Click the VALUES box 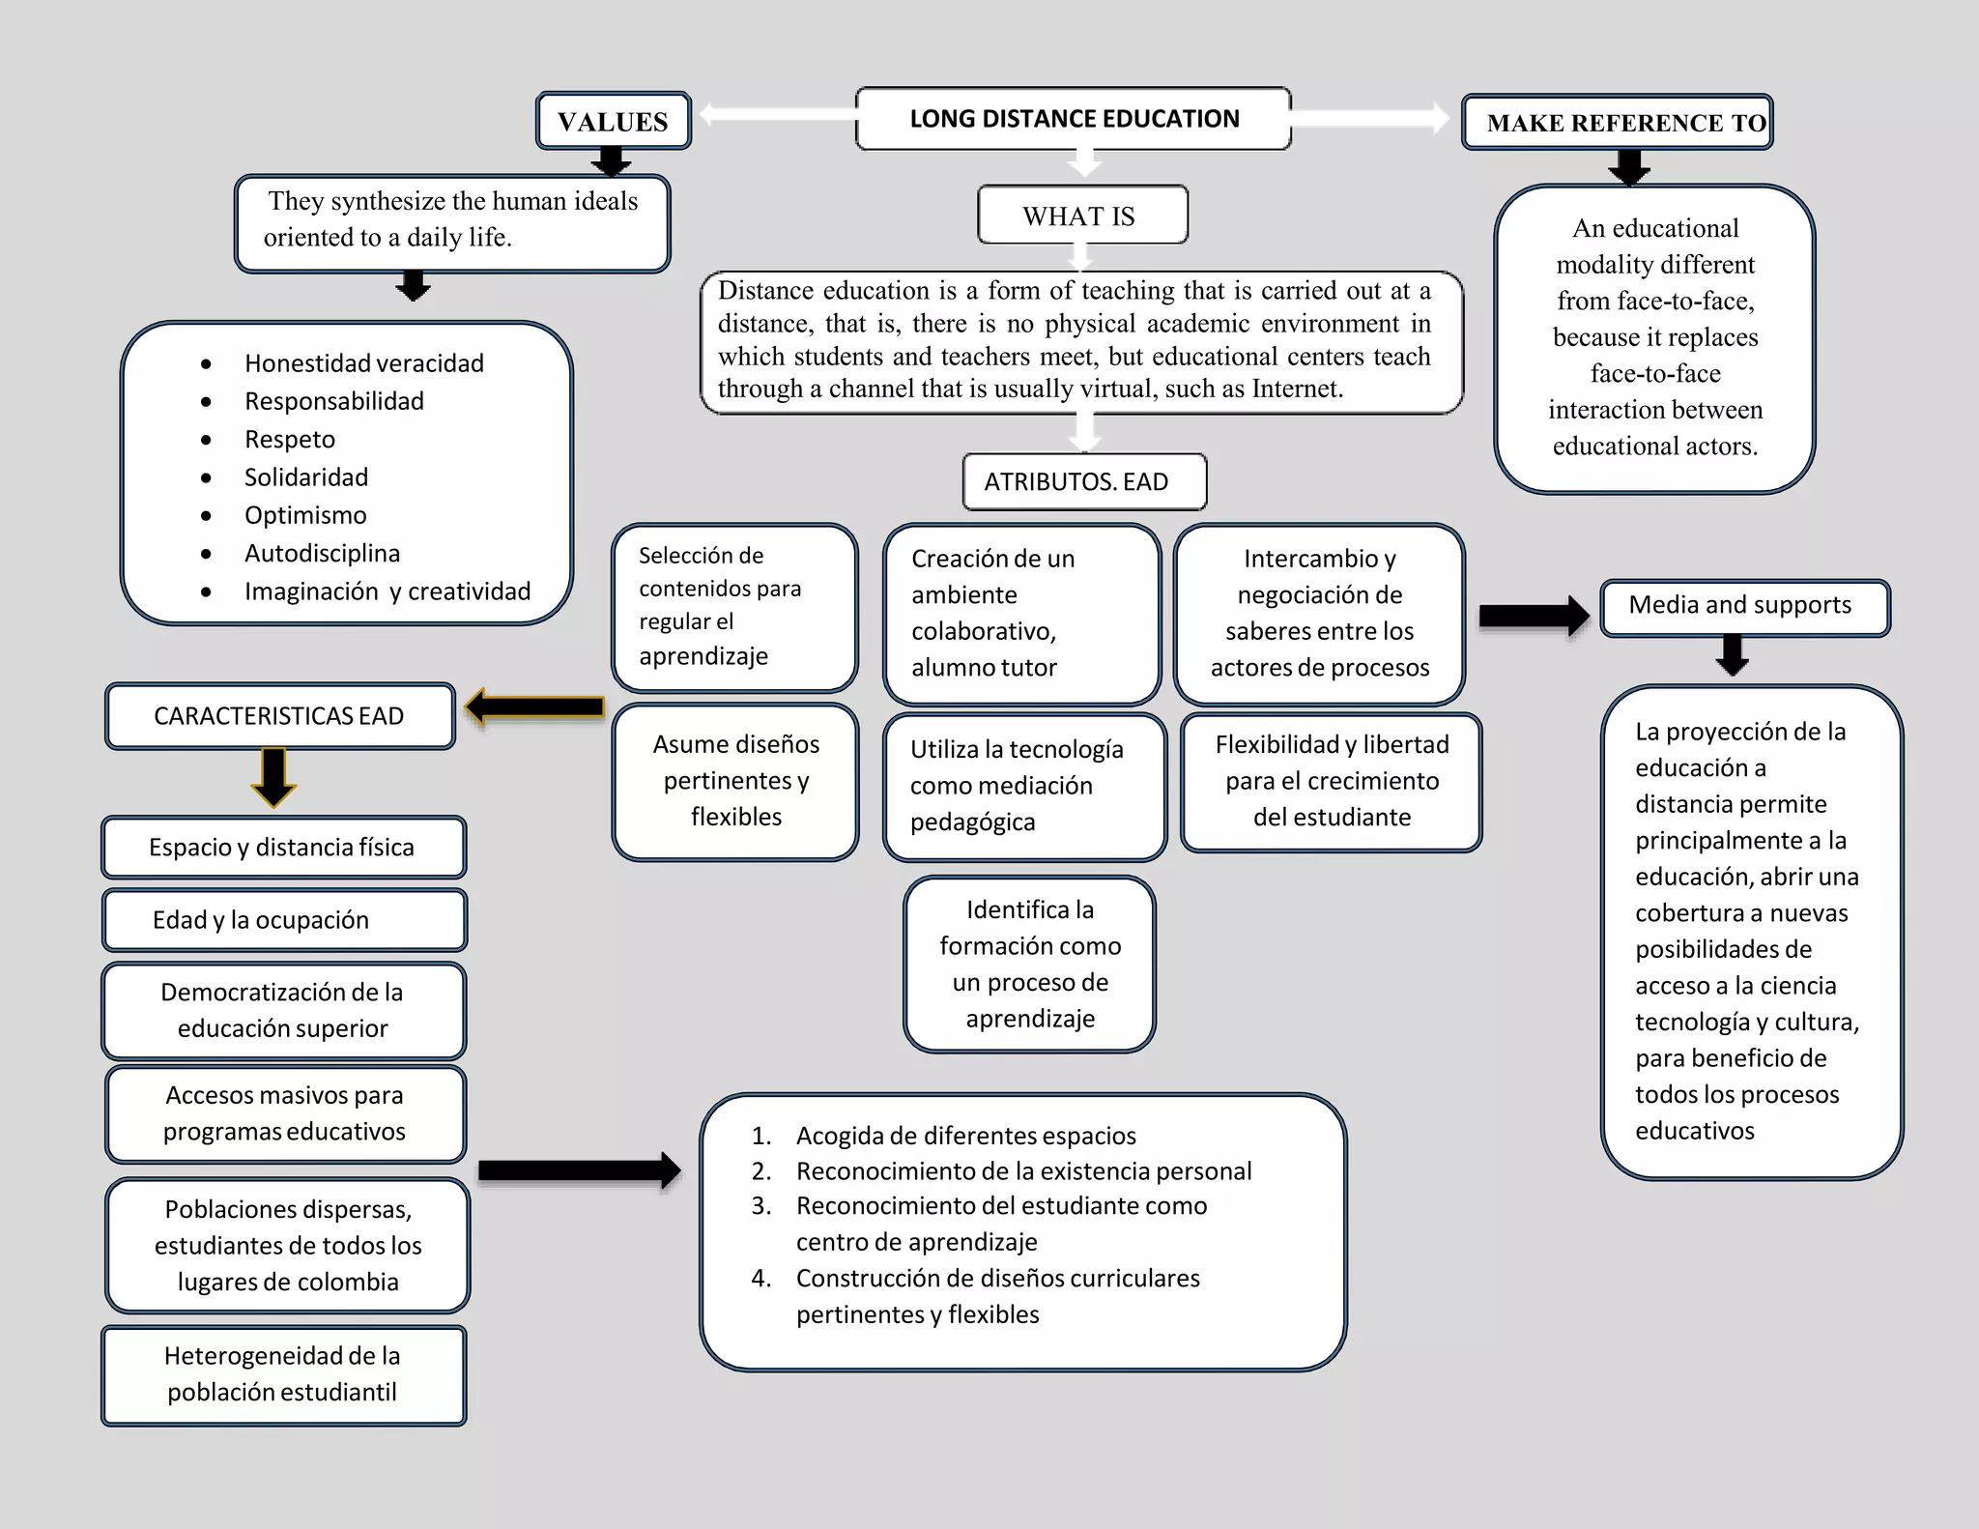pyautogui.click(x=614, y=122)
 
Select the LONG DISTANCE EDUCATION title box pyautogui.click(x=1074, y=119)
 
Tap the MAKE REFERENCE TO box pyautogui.click(x=1618, y=123)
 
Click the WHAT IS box pyautogui.click(x=1082, y=216)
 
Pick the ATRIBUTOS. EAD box pyautogui.click(x=1084, y=481)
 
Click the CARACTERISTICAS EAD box pyautogui.click(x=279, y=716)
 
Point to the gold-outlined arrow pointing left pyautogui.click(x=534, y=707)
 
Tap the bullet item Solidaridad pyautogui.click(x=306, y=477)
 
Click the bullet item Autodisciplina pyautogui.click(x=322, y=554)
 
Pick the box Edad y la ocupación pyautogui.click(x=284, y=920)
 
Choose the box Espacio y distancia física pyautogui.click(x=283, y=848)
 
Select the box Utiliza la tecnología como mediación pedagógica pyautogui.click(x=1023, y=786)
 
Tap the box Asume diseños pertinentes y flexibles pyautogui.click(x=735, y=781)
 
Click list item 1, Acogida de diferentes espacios pyautogui.click(x=965, y=1136)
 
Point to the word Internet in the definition pyautogui.click(x=1296, y=389)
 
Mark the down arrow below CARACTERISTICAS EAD pyautogui.click(x=273, y=776)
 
